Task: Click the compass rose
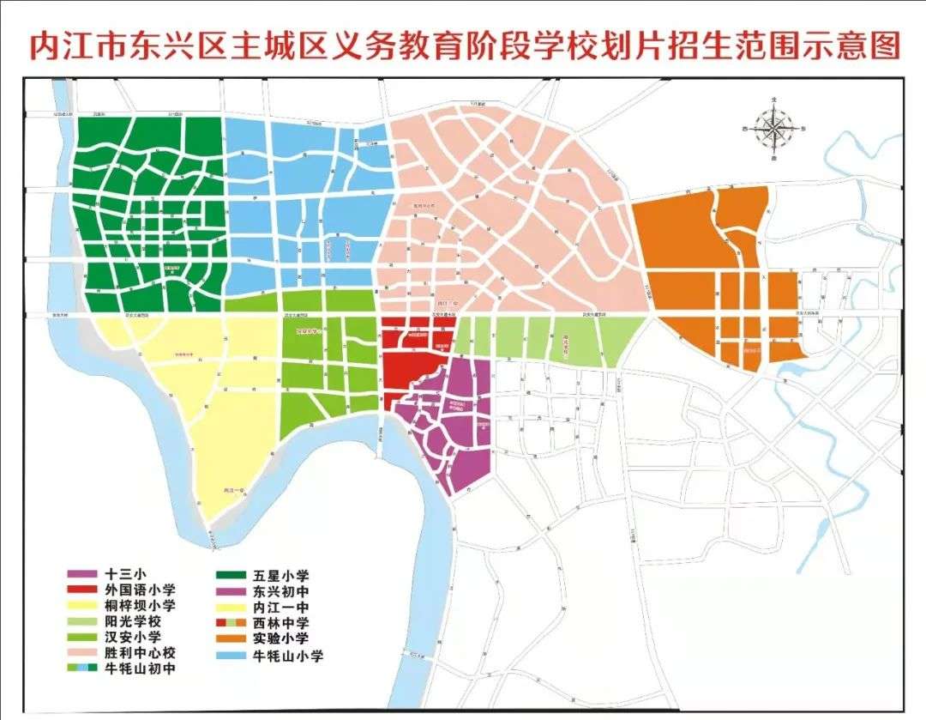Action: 774,130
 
